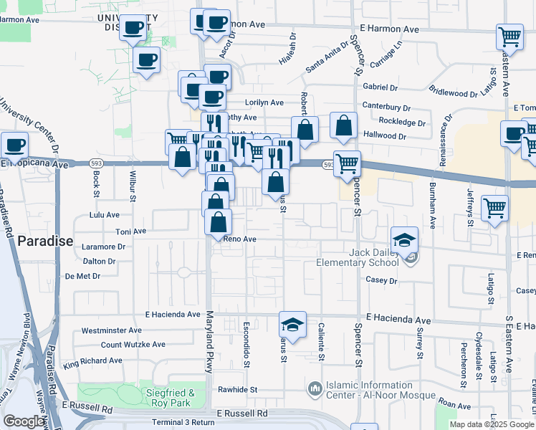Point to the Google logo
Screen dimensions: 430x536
[x=24, y=421]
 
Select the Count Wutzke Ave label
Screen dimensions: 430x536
[x=133, y=345]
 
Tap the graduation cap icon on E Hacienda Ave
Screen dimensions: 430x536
[x=292, y=325]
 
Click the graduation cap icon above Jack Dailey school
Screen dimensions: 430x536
[x=405, y=239]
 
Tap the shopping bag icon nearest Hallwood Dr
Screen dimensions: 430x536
[x=344, y=125]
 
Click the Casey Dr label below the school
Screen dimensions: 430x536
[x=381, y=280]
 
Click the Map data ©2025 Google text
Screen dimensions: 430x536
[x=492, y=424]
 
